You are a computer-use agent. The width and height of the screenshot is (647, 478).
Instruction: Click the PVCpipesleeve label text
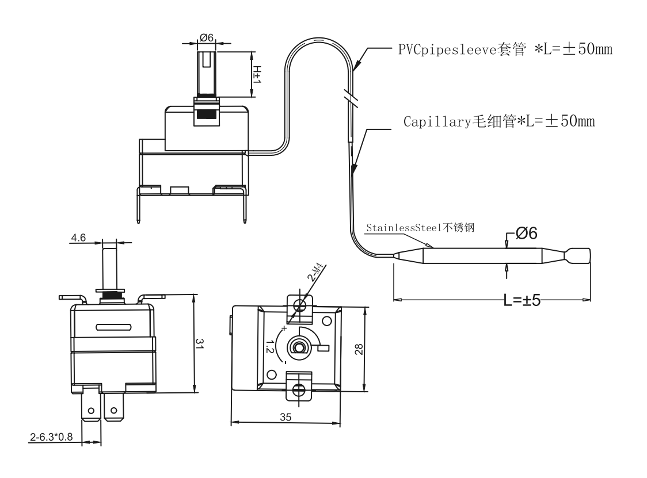click(505, 49)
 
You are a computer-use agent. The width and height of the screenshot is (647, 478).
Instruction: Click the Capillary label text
click(499, 121)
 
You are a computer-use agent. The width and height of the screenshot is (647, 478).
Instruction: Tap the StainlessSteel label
click(420, 228)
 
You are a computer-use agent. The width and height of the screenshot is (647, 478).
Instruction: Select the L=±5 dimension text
click(522, 300)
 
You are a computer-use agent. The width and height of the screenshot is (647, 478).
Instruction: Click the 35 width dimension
click(286, 418)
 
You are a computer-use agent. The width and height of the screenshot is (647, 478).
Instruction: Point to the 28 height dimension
click(359, 349)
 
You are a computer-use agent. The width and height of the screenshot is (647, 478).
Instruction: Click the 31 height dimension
click(200, 344)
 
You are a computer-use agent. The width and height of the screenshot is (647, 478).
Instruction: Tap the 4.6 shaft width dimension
click(78, 238)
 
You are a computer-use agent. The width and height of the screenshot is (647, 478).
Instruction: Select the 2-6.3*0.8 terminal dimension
click(51, 437)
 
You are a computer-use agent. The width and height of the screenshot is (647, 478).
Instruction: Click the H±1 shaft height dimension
click(257, 74)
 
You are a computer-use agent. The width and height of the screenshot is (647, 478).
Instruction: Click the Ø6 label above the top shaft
click(207, 37)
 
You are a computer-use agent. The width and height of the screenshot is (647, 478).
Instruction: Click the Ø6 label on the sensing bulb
click(527, 234)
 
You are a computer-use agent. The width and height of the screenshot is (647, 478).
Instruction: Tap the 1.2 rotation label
click(270, 346)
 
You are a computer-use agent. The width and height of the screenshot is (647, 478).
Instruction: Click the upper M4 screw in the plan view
click(300, 305)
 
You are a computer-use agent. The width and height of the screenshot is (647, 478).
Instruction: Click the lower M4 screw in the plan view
click(299, 389)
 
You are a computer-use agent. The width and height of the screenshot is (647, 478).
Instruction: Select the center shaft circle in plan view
click(299, 346)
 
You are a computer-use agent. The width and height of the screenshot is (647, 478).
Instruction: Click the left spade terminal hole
click(91, 411)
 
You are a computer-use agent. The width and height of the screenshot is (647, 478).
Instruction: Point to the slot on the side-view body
click(114, 327)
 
